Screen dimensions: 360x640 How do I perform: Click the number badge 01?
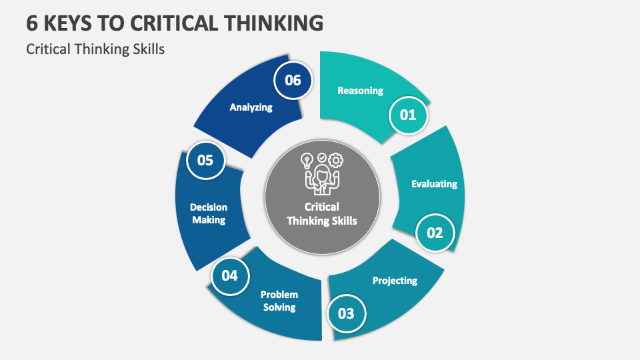[408, 115]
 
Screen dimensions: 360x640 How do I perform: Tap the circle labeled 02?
[435, 233]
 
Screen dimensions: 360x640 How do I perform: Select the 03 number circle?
[347, 313]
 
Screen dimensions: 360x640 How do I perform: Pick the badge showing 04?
[230, 275]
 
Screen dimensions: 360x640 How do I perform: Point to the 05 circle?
[205, 160]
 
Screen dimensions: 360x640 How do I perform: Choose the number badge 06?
[293, 81]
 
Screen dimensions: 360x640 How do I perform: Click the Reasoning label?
[360, 91]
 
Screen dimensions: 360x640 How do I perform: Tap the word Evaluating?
[434, 183]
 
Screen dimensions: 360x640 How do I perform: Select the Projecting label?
[395, 280]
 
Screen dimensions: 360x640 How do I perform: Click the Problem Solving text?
[279, 301]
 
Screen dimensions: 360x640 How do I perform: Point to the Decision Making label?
[209, 213]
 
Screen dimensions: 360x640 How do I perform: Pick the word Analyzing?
[251, 107]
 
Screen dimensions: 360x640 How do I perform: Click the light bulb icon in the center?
[307, 161]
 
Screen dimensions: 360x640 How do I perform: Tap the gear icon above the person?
[336, 161]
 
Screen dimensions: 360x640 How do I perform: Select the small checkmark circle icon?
[322, 157]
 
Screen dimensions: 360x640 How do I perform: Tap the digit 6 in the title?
[33, 23]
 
